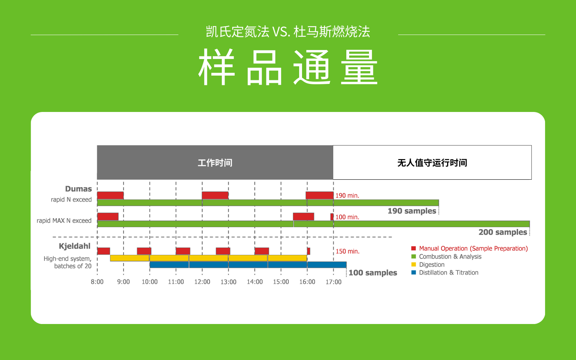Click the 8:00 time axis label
point(97,282)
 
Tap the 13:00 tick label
point(228,282)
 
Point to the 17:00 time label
point(333,282)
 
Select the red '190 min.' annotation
point(347,195)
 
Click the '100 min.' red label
point(347,217)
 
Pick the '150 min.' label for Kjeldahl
point(348,251)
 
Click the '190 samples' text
point(412,211)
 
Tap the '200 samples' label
point(503,232)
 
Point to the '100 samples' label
point(373,273)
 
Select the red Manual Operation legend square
point(414,248)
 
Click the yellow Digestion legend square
point(414,264)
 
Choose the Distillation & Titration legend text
point(449,273)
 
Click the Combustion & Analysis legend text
point(450,257)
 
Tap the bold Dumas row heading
point(78,189)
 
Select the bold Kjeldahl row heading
point(75,246)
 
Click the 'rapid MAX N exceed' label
point(64,221)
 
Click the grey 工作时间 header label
point(215,163)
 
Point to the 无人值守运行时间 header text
point(432,163)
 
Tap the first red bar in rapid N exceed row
point(110,195)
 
